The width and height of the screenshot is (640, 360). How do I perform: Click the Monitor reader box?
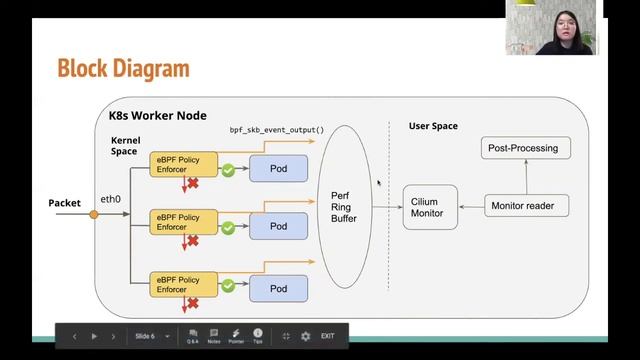click(x=529, y=206)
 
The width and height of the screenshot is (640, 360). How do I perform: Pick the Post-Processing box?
click(x=523, y=148)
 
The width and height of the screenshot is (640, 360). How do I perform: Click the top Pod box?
click(x=278, y=168)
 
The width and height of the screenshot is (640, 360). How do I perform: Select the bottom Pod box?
click(x=278, y=288)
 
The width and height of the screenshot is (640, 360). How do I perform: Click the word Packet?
click(x=64, y=203)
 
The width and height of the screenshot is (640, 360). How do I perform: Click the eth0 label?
click(x=110, y=199)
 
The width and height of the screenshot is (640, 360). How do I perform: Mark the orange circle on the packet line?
click(x=94, y=213)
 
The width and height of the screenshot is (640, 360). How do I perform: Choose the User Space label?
click(x=433, y=126)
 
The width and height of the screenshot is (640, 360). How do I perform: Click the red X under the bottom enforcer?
click(x=192, y=302)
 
